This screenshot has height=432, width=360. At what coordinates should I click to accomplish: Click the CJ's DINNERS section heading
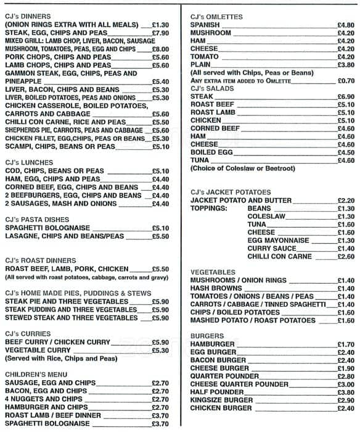tap(28, 15)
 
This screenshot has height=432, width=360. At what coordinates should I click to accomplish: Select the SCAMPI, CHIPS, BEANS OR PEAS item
tap(60, 146)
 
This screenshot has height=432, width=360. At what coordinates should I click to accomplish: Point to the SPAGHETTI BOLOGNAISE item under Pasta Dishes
tap(49, 228)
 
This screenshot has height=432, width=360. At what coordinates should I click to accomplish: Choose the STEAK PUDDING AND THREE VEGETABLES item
tap(71, 309)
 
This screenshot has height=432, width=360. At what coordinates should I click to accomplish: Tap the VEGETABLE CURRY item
tap(39, 350)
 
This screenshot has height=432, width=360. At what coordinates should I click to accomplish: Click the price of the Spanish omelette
tap(345, 25)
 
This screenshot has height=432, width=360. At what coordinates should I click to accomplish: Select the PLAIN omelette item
tap(202, 65)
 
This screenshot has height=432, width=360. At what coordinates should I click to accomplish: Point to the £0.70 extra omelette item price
tap(345, 81)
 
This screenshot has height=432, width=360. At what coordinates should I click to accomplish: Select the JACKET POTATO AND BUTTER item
tap(241, 201)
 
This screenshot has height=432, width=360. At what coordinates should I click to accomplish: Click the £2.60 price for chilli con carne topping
tap(345, 256)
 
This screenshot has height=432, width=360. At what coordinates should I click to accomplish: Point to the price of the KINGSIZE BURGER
tap(345, 400)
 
